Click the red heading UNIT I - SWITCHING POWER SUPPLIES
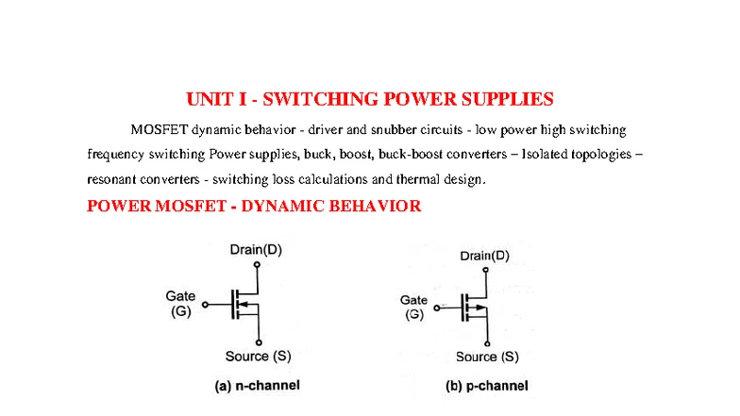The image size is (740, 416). [x=369, y=99]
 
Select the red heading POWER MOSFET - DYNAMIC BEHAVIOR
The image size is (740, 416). [x=254, y=206]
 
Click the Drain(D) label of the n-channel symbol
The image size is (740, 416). [x=256, y=250]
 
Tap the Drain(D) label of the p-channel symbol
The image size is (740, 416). [x=484, y=256]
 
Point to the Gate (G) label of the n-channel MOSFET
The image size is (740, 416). [x=181, y=303]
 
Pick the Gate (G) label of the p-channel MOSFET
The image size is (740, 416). [x=413, y=308]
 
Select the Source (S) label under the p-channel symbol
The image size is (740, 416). [x=487, y=357]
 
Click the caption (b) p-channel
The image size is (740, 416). [x=487, y=385]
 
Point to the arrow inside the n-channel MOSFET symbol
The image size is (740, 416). [x=247, y=305]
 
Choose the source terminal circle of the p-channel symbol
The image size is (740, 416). [x=487, y=343]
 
